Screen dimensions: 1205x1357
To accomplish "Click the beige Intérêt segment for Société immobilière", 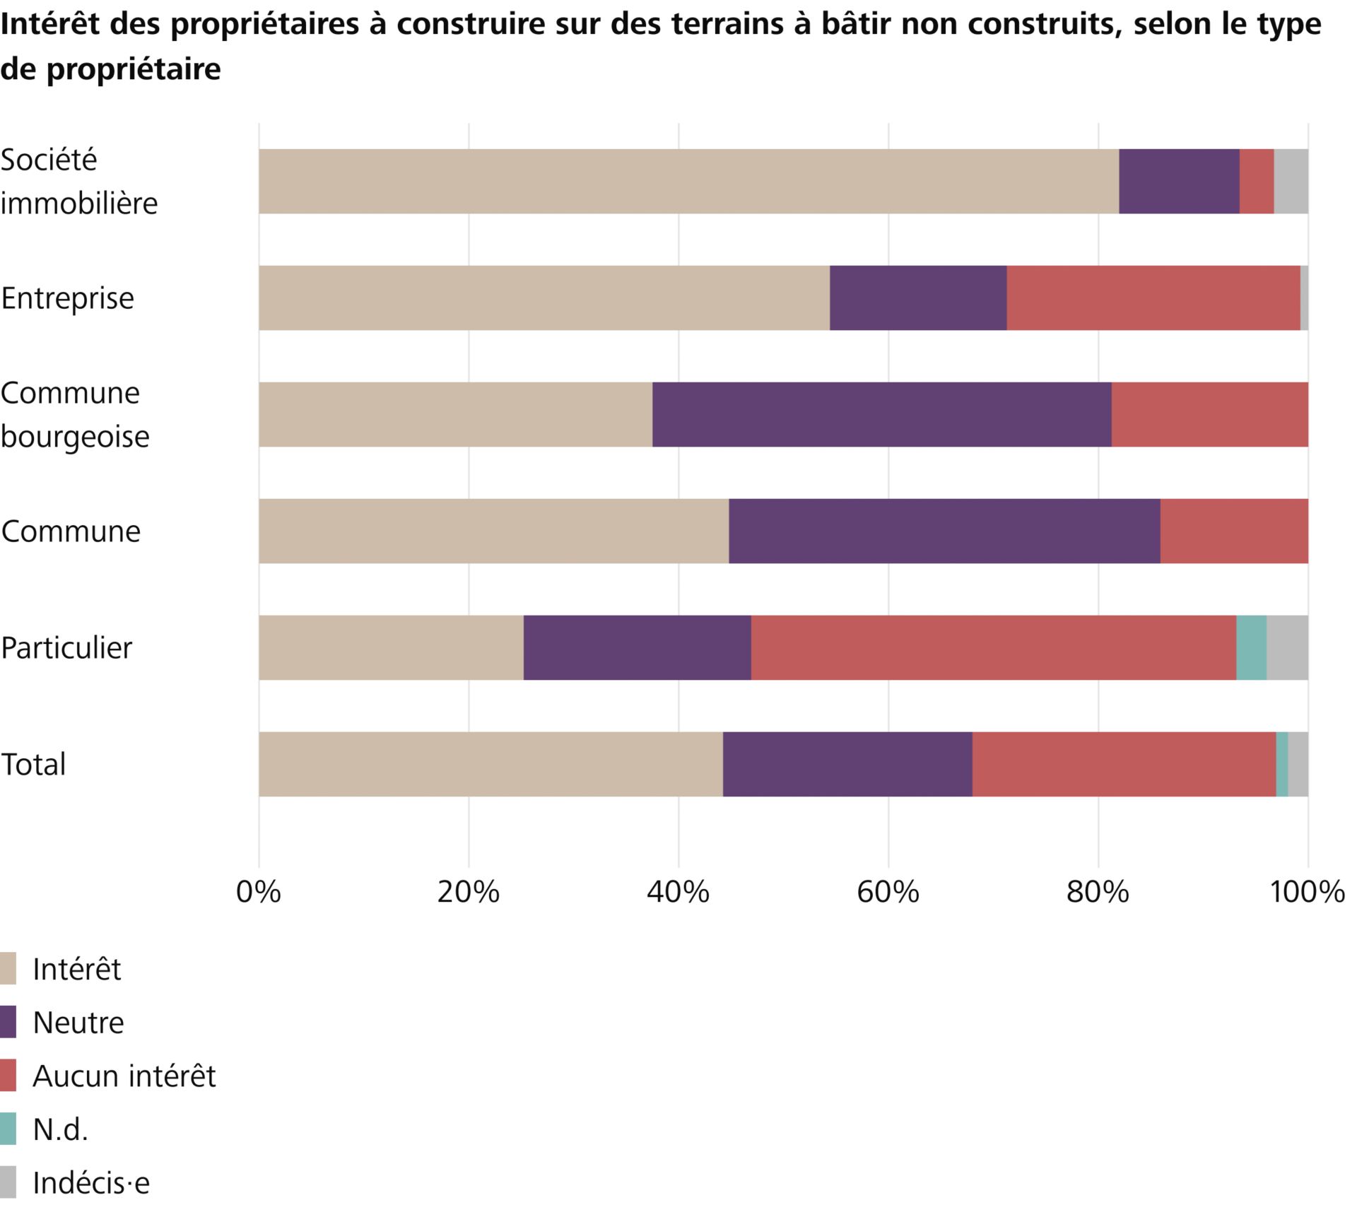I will click(688, 182).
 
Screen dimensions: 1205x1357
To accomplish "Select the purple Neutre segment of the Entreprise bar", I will click(917, 298).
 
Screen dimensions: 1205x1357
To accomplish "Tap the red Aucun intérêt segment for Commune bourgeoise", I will click(1209, 415).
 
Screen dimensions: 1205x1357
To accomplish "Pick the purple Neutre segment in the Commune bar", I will click(944, 531).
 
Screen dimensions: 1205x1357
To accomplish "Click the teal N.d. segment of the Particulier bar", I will click(1251, 648).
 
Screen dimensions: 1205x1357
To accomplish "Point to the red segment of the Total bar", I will click(1124, 765).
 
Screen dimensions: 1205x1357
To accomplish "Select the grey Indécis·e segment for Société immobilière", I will click(1291, 182).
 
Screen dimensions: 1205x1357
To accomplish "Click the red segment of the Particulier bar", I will click(993, 648).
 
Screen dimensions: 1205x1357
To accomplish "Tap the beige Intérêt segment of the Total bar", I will click(490, 765).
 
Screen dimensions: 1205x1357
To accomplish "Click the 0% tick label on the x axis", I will click(258, 893).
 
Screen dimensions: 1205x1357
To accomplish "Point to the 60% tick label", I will click(888, 893).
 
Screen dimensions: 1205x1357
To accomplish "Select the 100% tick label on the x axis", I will click(1307, 893).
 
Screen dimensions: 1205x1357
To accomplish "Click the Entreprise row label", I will click(67, 298).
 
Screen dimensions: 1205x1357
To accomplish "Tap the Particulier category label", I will click(66, 648).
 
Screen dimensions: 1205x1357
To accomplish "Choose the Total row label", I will click(33, 765).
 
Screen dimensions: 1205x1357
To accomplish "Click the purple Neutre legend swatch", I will click(8, 1023).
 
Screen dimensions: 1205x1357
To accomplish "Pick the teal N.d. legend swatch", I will click(8, 1129).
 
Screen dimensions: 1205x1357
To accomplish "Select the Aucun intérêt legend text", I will click(124, 1076).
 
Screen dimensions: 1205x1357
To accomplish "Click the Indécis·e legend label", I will click(91, 1183).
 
